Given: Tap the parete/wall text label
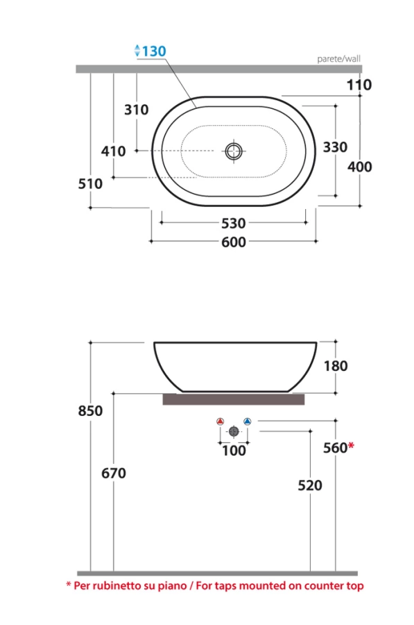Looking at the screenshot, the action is point(339,59).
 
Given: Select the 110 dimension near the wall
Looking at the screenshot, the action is point(359,85).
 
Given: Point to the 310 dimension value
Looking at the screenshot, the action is point(137,110).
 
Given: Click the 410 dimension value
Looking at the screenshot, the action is point(114,151).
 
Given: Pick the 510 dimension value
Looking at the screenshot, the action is point(90,184).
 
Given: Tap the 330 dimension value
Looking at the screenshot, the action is point(335,147).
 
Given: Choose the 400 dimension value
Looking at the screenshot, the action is point(360,167).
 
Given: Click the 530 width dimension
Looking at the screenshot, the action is point(234,223).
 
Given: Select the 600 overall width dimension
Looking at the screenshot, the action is point(234,242).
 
